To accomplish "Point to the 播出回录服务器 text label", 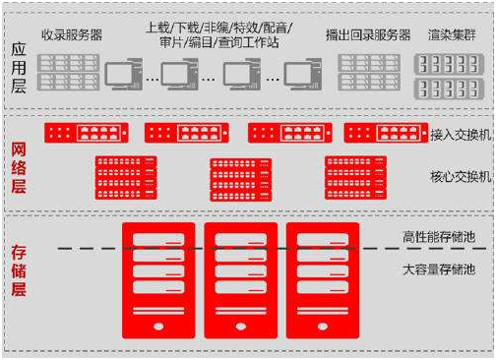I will (368, 35).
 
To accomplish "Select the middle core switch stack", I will (239, 176).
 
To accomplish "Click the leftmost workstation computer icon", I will (124, 75).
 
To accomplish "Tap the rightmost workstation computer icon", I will (303, 75).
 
